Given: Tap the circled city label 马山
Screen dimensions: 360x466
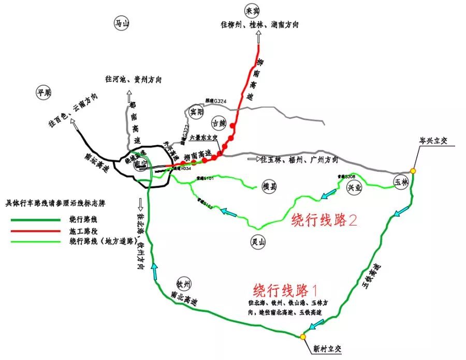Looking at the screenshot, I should (x=122, y=23).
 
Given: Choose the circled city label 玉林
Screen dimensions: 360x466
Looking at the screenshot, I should (x=401, y=183).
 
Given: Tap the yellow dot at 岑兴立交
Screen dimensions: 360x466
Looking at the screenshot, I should (x=413, y=171).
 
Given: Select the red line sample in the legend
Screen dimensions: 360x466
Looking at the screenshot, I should (x=36, y=231).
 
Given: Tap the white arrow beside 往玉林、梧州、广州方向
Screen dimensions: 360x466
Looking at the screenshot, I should (x=253, y=159).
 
